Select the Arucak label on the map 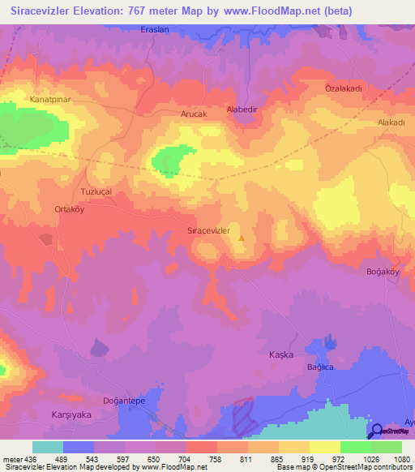tap(195, 115)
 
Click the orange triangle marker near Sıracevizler tap(242, 238)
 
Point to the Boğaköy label tap(384, 272)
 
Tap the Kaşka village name tap(280, 355)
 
